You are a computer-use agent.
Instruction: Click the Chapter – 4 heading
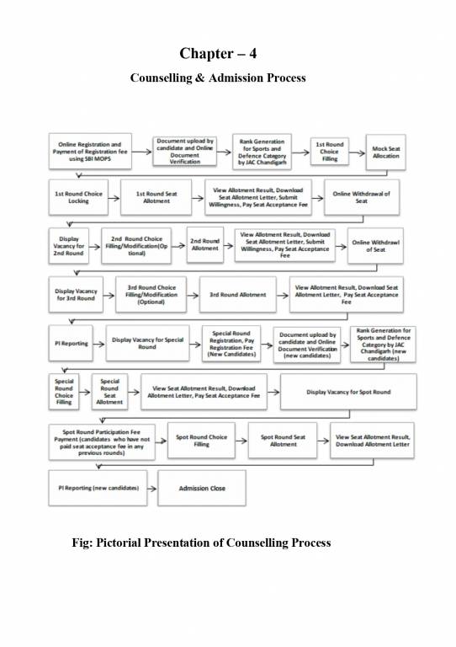[217, 53]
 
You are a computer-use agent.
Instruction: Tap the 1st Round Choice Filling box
[330, 152]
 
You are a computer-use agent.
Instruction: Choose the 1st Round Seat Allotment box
[156, 197]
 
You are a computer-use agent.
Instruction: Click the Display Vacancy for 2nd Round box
[67, 246]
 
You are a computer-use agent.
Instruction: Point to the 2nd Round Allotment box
[204, 244]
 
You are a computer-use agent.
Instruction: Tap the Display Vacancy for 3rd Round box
[76, 295]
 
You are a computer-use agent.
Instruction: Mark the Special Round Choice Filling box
[64, 391]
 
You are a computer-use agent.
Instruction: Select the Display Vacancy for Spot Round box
[347, 392]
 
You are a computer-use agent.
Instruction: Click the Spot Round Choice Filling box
[201, 440]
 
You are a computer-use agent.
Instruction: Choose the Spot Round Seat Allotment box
[283, 440]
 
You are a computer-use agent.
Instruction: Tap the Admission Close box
[191, 489]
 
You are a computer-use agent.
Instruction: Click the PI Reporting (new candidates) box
[98, 488]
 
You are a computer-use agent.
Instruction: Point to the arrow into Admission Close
[152, 489]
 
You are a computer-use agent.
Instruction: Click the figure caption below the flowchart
[202, 542]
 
